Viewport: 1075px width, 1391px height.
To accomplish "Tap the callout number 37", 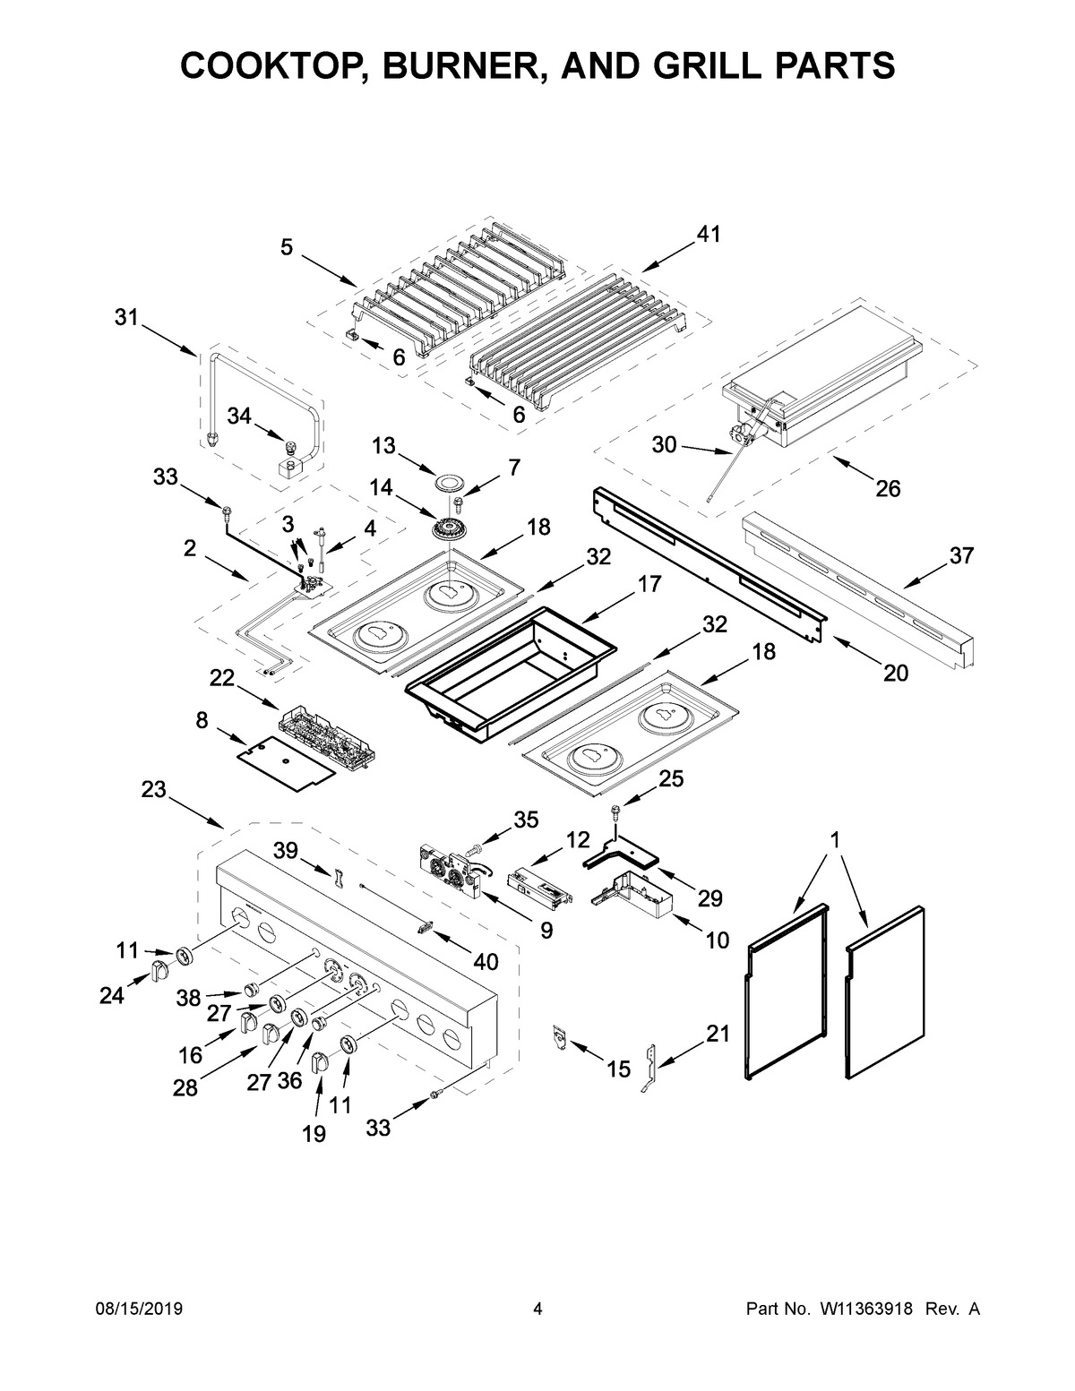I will point(960,555).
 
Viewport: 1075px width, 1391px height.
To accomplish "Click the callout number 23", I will point(153,789).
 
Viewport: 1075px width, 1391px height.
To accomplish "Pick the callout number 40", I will point(485,962).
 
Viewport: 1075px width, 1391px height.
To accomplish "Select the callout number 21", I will point(718,1034).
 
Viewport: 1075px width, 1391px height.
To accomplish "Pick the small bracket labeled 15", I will point(561,1037).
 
